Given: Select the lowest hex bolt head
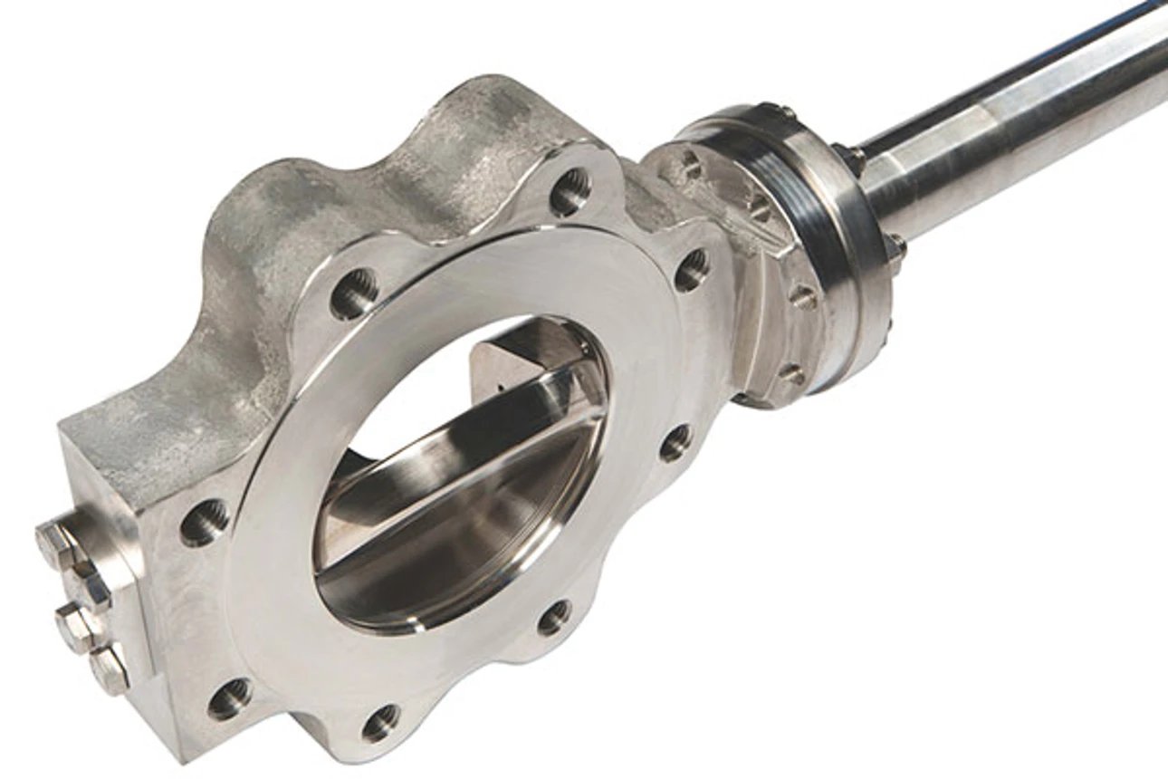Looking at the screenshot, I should click(x=110, y=671).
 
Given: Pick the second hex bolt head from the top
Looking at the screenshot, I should click(x=87, y=587).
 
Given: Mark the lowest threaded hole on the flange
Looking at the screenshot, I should click(x=380, y=722).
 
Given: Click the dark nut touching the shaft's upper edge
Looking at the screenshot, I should click(x=851, y=159).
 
